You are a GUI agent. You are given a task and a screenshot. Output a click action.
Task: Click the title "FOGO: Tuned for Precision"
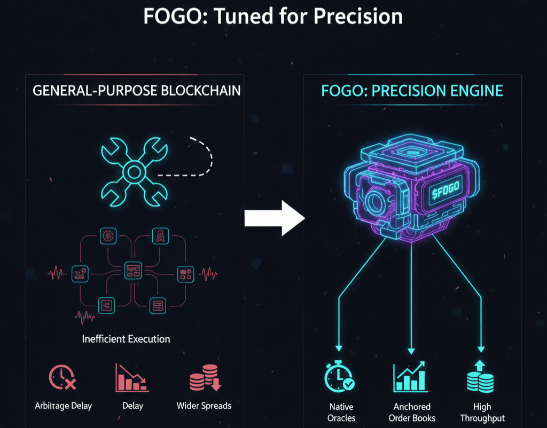click(x=273, y=17)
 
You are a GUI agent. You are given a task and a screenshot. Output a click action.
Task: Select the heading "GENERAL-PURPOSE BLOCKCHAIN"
click(x=137, y=91)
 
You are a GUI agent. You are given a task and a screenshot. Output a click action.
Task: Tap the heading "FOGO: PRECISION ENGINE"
click(x=412, y=91)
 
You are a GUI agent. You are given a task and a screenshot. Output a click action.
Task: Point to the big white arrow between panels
click(x=274, y=218)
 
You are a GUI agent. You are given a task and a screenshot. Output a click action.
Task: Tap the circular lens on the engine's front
click(x=376, y=203)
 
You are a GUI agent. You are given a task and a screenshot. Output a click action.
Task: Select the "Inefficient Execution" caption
click(x=126, y=339)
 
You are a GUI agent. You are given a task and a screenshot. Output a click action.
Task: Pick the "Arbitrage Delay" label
click(x=64, y=406)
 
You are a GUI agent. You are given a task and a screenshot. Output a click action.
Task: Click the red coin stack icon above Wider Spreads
click(x=205, y=378)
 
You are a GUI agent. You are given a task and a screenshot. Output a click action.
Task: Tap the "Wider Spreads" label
click(x=204, y=406)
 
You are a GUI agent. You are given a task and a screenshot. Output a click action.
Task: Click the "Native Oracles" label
click(x=341, y=412)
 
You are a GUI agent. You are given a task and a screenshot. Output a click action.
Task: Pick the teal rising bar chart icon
click(x=410, y=377)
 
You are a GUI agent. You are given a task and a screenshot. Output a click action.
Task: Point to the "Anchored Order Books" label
click(x=412, y=412)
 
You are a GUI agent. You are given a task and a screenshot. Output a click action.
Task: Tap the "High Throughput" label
click(x=482, y=412)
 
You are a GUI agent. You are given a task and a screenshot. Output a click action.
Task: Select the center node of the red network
click(x=132, y=270)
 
